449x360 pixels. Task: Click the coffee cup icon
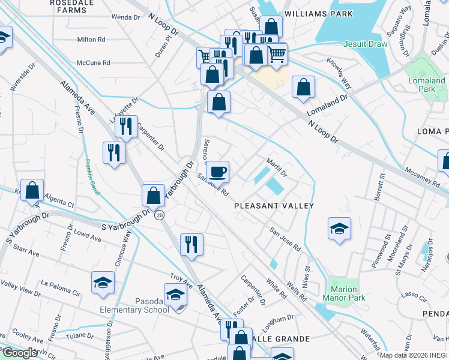point(217,172)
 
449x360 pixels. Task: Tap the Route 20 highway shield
point(158,215)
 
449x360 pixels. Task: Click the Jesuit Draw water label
point(365,44)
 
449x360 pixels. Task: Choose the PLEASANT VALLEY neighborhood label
point(274,206)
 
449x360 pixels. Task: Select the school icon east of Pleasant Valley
point(339,229)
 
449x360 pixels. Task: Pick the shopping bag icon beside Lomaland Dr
point(304,87)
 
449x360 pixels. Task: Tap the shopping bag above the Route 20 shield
point(154,194)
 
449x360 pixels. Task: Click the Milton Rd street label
point(92,40)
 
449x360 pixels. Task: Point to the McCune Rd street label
point(94,62)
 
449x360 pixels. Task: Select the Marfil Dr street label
point(277,167)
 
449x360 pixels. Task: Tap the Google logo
point(19,353)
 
